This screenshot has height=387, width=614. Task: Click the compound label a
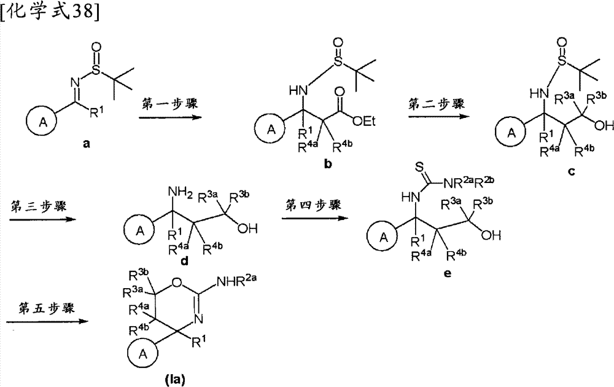pos(87,144)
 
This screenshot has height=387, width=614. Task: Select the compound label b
pos(328,164)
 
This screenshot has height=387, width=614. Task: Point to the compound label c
pos(571,171)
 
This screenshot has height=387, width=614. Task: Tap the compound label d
pos(184,260)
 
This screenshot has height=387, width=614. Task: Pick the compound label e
pos(448,273)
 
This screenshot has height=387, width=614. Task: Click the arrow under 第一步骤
pos(170,117)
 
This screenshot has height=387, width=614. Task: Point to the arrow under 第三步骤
pos(43,219)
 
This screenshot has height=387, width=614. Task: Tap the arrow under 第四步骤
pos(316,217)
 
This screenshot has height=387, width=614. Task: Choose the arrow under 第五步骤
pos(47,322)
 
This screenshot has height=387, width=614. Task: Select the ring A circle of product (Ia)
pos(143,354)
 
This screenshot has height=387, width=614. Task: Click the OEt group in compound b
pos(363,122)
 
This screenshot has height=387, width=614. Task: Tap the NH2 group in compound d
pos(180,193)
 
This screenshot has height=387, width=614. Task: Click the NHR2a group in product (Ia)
pos(234,283)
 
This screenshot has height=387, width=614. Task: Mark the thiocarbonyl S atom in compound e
pos(419,168)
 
